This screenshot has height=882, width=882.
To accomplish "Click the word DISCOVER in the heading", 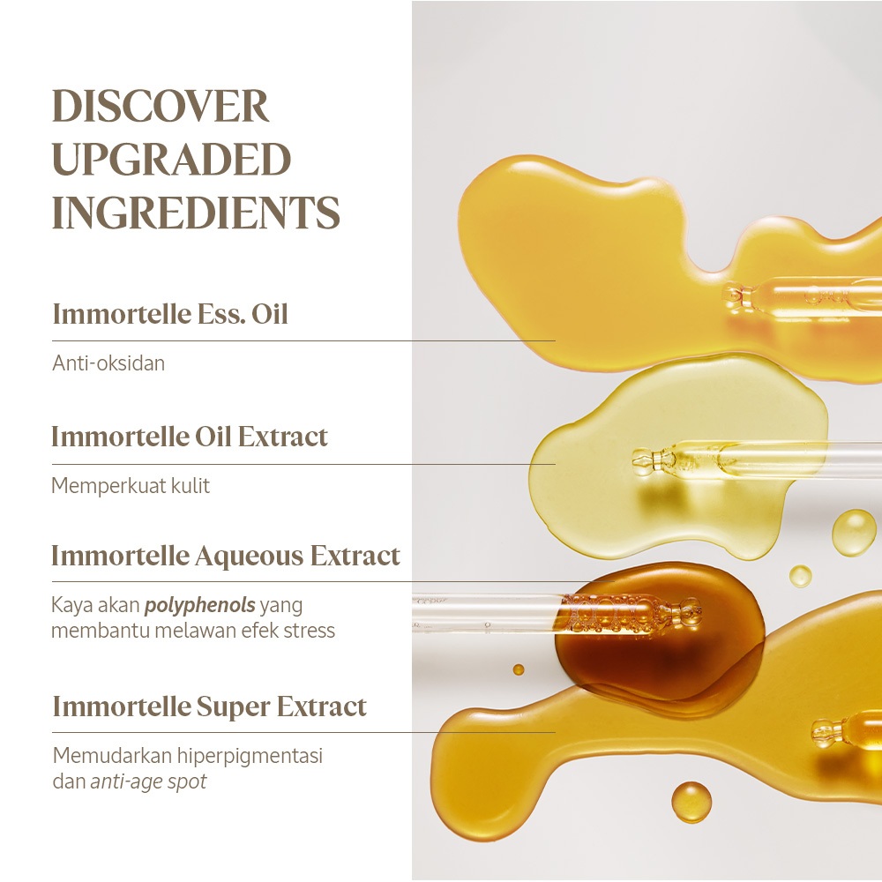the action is (x=161, y=106).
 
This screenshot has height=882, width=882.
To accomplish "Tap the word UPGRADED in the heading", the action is (x=172, y=158).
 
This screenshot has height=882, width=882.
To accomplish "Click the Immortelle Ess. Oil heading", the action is (x=170, y=314).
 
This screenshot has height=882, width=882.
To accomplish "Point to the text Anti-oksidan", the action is (x=108, y=363).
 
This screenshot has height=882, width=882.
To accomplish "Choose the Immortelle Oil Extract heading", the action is (x=190, y=437).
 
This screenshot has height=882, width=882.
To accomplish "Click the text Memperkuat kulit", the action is (x=131, y=485).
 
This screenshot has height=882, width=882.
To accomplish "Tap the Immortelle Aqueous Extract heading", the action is (x=226, y=556).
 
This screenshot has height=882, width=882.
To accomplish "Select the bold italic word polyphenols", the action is (x=200, y=605).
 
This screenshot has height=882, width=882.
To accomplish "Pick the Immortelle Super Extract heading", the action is (x=209, y=706).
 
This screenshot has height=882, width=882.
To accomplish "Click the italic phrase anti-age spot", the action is (x=148, y=781).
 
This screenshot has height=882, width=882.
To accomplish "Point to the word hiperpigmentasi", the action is (x=250, y=756).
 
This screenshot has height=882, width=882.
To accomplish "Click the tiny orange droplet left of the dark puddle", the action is (x=519, y=669).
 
